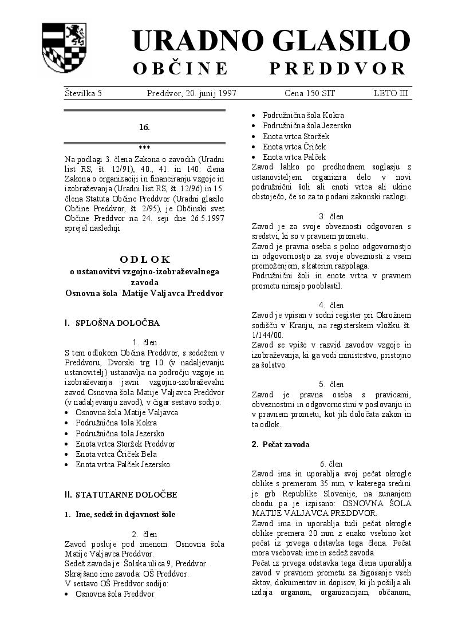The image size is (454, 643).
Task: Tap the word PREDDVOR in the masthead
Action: click(338, 69)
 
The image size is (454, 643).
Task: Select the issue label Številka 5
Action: click(83, 93)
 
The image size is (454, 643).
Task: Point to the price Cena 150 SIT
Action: click(310, 93)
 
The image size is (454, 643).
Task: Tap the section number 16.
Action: click(144, 127)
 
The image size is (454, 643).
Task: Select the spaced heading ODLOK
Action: click(145, 259)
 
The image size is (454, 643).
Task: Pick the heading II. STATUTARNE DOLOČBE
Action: click(121, 494)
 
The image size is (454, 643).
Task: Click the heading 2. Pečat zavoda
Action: click(281, 444)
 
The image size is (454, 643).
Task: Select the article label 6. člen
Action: click(331, 464)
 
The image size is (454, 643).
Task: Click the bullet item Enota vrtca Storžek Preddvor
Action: click(125, 444)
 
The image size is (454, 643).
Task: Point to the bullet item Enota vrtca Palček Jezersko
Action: click(124, 464)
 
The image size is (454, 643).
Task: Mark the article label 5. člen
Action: click(331, 384)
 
